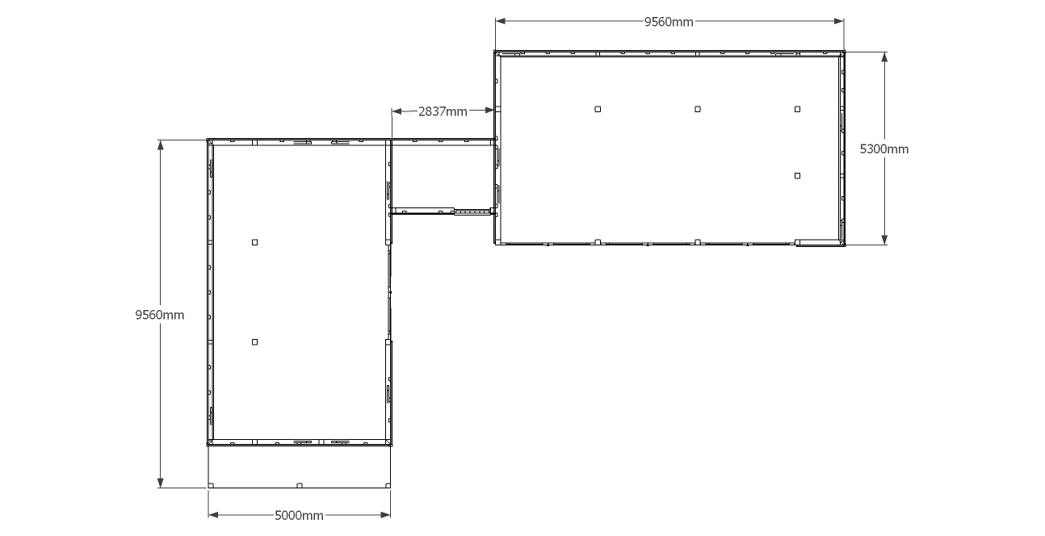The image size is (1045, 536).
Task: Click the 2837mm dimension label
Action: [443, 111]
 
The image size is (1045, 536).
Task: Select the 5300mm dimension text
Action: [884, 149]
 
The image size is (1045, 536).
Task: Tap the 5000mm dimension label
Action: [299, 516]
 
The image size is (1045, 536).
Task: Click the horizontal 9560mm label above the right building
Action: [669, 22]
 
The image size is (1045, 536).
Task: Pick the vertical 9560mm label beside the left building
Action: [160, 315]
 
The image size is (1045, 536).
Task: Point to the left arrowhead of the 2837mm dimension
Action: [397, 111]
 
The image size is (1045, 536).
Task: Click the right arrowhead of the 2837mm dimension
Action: [489, 110]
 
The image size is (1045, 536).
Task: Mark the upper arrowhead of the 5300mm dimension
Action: [884, 57]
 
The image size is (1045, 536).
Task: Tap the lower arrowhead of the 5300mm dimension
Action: [884, 240]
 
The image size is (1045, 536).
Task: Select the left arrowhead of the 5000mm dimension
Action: [213, 515]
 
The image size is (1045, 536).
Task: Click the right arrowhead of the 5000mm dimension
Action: [385, 515]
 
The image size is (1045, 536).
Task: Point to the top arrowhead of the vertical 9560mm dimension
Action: [161, 145]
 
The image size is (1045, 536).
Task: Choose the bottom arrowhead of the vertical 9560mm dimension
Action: [161, 483]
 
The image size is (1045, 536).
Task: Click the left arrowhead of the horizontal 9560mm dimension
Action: [501, 21]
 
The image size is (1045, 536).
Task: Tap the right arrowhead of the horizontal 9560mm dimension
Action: [839, 21]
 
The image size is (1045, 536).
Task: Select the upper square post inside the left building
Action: [254, 242]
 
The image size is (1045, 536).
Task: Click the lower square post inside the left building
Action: [254, 342]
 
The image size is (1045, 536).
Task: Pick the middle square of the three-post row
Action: [698, 109]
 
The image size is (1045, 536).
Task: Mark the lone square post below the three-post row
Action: [797, 176]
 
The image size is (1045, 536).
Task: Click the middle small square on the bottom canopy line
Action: [300, 486]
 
